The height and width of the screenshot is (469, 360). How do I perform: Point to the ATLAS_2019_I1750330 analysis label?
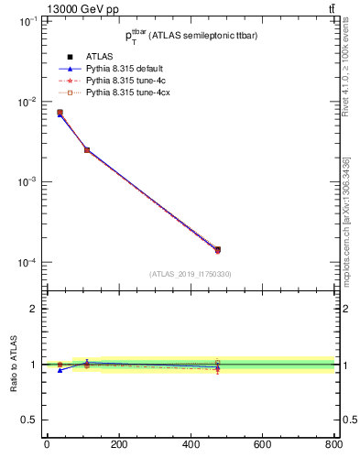click(190, 274)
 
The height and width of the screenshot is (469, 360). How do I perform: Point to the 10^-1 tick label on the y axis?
click(27, 21)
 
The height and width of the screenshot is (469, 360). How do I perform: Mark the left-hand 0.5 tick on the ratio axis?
click(29, 420)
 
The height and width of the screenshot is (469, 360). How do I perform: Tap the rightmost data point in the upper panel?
click(217, 249)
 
